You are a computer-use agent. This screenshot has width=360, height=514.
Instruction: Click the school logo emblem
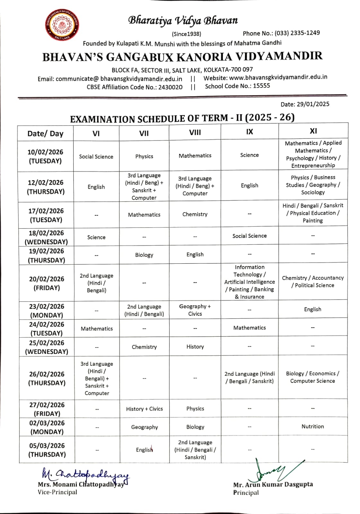(x=62, y=25)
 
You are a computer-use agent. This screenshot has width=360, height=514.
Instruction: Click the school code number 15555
(x=261, y=86)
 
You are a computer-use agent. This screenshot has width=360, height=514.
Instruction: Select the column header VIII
(x=195, y=132)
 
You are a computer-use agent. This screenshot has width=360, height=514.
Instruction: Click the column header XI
(x=313, y=131)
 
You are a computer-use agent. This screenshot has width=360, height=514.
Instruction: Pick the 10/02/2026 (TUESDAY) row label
(x=45, y=156)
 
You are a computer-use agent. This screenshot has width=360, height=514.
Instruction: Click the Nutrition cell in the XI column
(x=312, y=426)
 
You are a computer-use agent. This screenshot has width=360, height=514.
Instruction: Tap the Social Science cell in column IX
(x=250, y=236)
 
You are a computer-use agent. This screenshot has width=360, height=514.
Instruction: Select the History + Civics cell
(x=144, y=409)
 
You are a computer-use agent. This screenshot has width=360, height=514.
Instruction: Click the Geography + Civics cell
(x=195, y=310)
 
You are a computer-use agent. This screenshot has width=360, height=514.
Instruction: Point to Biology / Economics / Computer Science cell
(x=312, y=377)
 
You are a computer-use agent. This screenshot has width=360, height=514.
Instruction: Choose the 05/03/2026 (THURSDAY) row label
(x=47, y=450)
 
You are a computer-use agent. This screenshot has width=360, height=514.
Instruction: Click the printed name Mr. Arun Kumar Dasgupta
(x=273, y=484)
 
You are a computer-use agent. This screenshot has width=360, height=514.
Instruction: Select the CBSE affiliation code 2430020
(x=171, y=87)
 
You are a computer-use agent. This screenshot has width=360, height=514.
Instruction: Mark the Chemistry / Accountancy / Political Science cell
(x=313, y=281)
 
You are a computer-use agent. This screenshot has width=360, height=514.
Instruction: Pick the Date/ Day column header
(x=45, y=134)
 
